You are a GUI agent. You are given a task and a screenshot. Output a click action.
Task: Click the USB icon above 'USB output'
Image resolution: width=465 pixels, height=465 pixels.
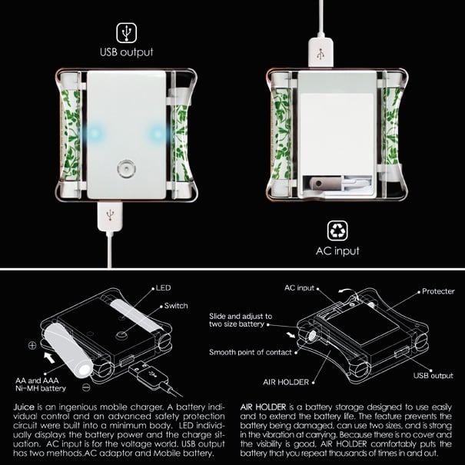click(126, 32)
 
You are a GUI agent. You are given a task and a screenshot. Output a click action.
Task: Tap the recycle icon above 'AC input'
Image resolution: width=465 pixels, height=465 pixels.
click(337, 231)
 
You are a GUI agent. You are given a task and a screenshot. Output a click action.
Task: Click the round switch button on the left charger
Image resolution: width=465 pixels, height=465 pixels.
click(126, 169)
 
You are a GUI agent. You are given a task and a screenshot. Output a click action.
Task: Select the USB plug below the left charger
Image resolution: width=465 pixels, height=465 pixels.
click(110, 216)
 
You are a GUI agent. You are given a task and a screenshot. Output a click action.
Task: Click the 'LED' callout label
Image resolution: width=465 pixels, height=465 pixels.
click(163, 288)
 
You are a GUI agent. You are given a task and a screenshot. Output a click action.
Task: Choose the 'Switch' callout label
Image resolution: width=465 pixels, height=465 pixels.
click(176, 306)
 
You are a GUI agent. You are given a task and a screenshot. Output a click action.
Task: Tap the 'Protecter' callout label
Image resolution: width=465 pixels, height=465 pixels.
click(438, 291)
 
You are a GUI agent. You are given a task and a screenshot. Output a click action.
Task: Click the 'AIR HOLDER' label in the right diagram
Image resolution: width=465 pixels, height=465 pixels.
click(286, 382)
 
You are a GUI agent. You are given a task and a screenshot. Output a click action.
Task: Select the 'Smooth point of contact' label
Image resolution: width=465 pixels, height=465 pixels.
click(251, 352)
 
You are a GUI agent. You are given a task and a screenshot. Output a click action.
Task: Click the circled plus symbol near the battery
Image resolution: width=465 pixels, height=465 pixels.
click(32, 345)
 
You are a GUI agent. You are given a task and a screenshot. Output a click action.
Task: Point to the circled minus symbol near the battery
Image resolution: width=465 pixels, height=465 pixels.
click(86, 387)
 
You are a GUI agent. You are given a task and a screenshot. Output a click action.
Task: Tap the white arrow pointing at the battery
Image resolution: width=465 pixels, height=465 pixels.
click(49, 357)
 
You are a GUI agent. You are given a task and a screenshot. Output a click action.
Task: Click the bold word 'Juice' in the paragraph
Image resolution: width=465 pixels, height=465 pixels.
click(23, 407)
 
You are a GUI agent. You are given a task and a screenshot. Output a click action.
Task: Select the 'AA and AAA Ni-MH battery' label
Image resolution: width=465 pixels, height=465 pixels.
click(40, 384)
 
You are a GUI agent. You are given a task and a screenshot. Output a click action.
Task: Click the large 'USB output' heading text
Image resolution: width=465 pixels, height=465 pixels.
click(127, 52)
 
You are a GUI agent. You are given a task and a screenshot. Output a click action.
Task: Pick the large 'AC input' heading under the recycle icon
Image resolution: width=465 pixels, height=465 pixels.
click(337, 251)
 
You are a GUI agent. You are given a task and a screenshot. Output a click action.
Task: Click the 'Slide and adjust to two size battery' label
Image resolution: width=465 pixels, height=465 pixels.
click(241, 320)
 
